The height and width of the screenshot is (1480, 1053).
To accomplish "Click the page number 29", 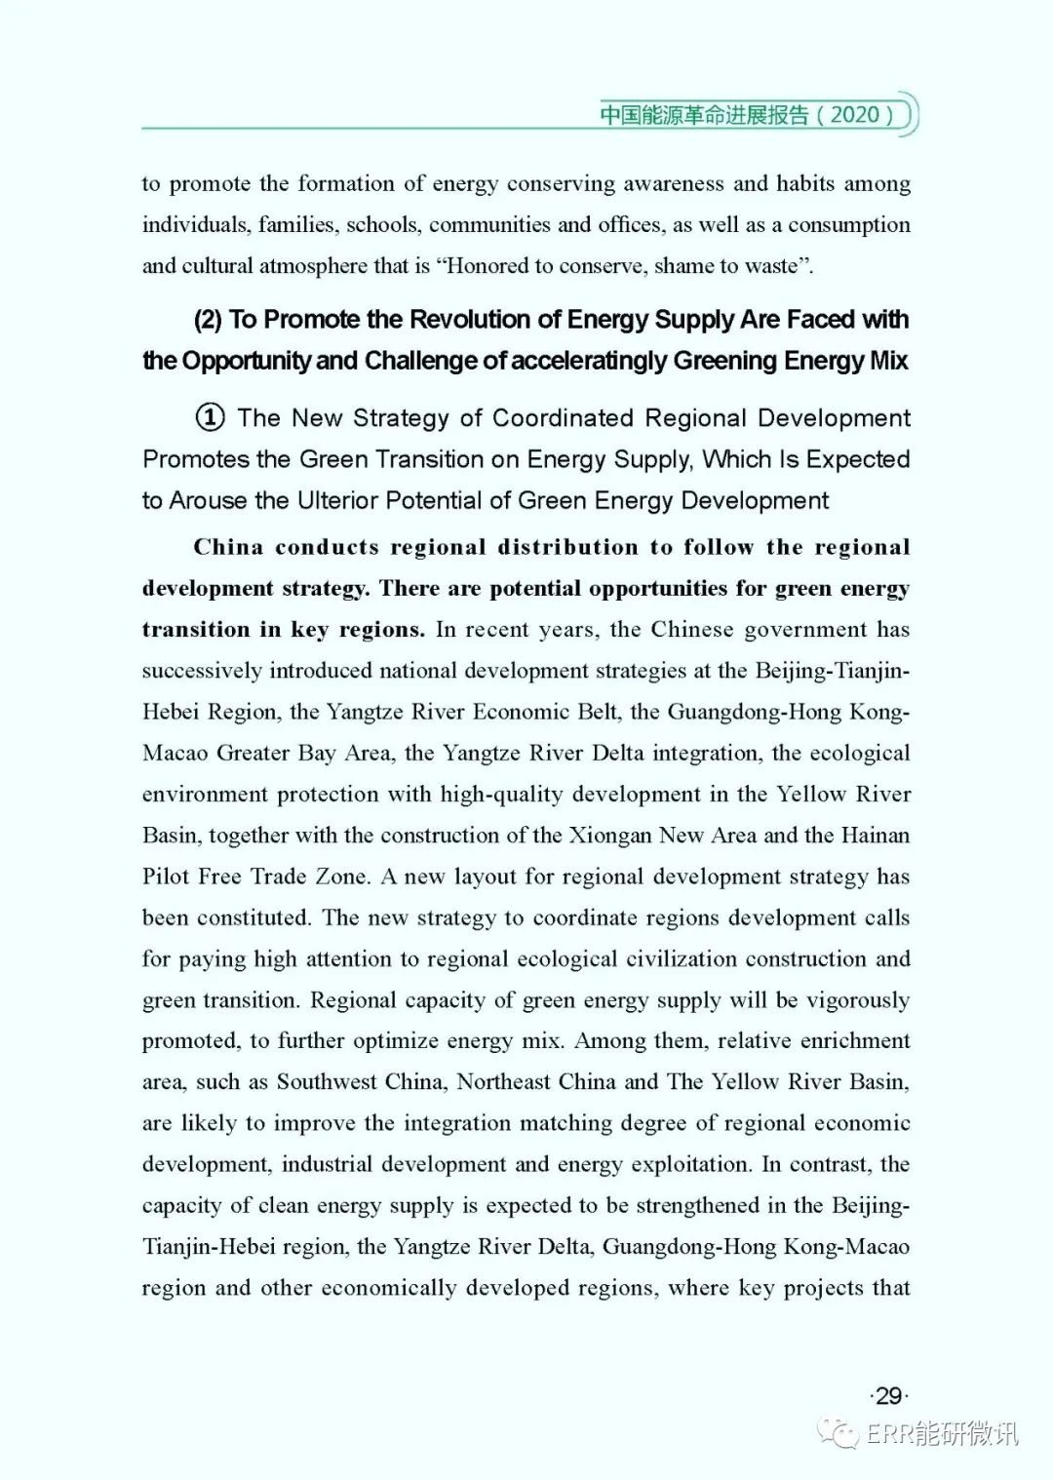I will [x=888, y=1396].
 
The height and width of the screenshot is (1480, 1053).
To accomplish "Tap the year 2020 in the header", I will [x=856, y=114].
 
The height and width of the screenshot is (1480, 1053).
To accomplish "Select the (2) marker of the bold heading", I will [x=208, y=320].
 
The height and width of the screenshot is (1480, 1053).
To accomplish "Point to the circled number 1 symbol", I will [x=210, y=418].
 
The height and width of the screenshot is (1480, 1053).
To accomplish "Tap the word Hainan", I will [x=875, y=836].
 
